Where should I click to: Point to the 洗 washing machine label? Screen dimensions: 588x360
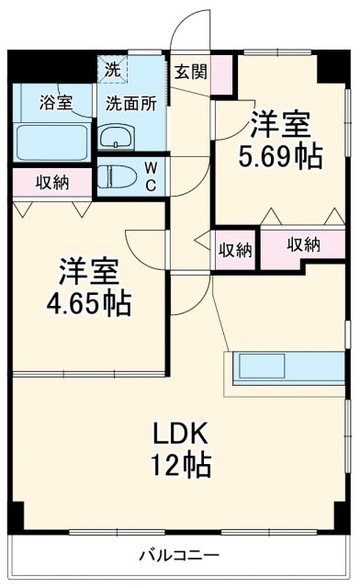[x=111, y=68]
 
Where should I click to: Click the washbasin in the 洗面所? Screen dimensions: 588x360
[x=117, y=138]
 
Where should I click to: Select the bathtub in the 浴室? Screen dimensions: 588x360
[x=51, y=138]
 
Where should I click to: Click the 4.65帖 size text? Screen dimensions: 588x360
[x=89, y=301]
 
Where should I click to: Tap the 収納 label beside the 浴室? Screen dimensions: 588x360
[x=52, y=181]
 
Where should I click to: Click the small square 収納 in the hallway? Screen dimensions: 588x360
[x=235, y=248]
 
